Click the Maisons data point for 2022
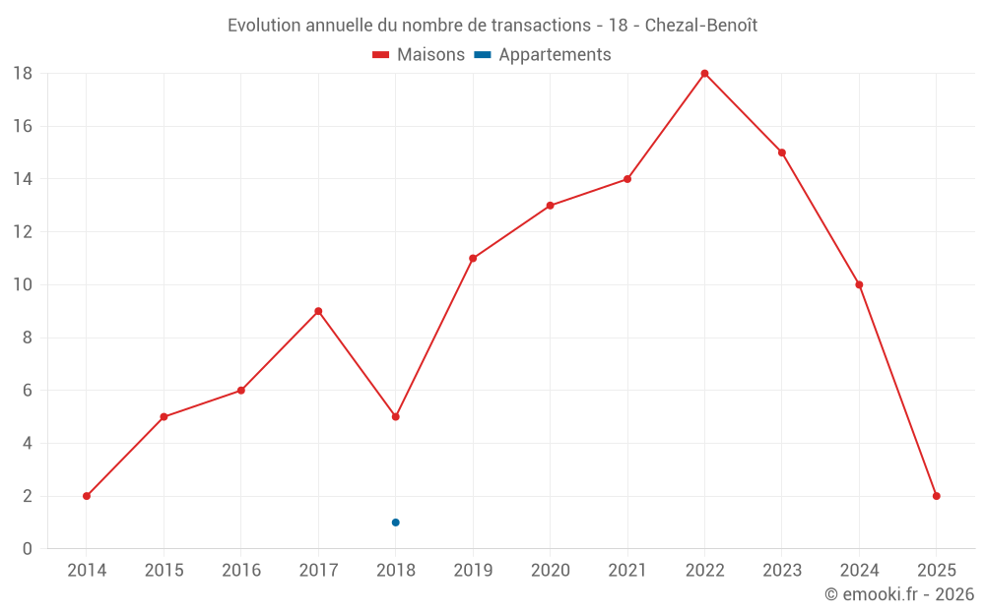[x=704, y=74]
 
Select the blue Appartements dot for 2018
[x=395, y=523]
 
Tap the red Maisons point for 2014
[x=87, y=496]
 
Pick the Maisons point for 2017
[x=318, y=311]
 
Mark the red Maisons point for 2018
[x=395, y=416]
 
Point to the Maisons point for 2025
[x=936, y=496]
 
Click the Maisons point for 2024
[x=859, y=284]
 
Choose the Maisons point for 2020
[x=550, y=206]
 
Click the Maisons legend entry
[x=419, y=55]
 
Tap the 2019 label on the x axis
[x=473, y=571]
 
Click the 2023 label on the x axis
[x=781, y=571]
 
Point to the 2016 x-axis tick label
[x=241, y=571]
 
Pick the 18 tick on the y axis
[x=23, y=74]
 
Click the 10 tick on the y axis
[x=23, y=285]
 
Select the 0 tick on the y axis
[x=28, y=549]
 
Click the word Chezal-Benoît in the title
[x=701, y=26]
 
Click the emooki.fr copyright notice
[x=898, y=594]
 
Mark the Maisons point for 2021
[x=626, y=179]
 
